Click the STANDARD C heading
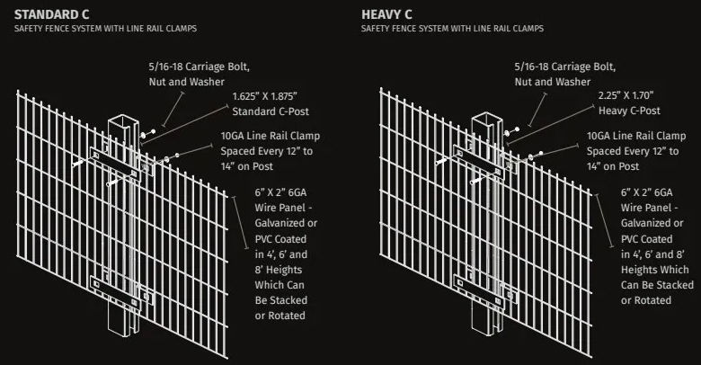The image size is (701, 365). pos(51,14)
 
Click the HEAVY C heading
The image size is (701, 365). pos(386,14)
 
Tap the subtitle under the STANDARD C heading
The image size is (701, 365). pos(105,29)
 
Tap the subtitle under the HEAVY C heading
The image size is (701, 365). pos(452,29)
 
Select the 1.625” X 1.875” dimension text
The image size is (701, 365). pos(264,96)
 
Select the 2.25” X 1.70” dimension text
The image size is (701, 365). pos(626,95)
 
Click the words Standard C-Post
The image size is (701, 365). pos(271,111)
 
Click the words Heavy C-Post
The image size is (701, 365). pos(629,111)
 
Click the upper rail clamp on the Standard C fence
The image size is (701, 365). pos(115,163)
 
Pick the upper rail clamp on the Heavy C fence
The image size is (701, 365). pos(479,162)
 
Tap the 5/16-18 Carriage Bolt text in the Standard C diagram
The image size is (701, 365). pos(200,67)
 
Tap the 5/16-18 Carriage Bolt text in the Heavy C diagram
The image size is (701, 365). pos(565,67)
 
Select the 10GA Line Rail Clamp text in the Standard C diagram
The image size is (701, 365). pos(270,136)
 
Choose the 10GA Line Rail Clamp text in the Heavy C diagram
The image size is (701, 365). pos(636,136)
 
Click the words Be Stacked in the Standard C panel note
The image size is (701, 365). pos(281,300)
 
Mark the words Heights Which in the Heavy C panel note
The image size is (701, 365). pos(655,270)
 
